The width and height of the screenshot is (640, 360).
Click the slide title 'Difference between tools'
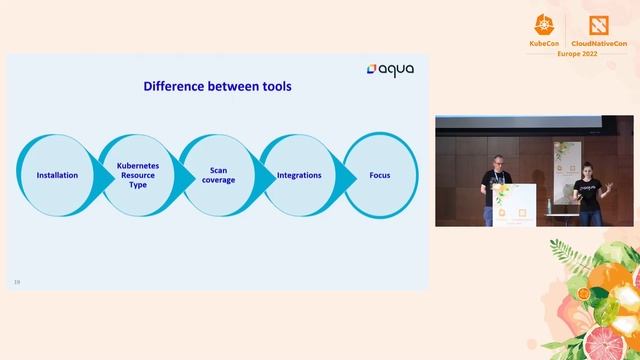tap(217, 86)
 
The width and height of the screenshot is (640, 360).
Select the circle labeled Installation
tap(57, 175)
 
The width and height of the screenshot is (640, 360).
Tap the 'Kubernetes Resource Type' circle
tap(138, 175)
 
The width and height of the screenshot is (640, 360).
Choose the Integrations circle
tap(299, 175)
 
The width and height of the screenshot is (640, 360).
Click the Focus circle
tap(379, 175)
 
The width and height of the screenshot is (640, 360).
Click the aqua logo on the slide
tap(390, 69)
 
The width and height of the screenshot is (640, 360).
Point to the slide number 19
tap(17, 282)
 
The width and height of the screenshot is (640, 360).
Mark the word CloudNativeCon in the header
tap(600, 43)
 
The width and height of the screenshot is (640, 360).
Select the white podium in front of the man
tap(515, 207)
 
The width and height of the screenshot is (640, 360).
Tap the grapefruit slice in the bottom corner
tap(603, 340)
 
